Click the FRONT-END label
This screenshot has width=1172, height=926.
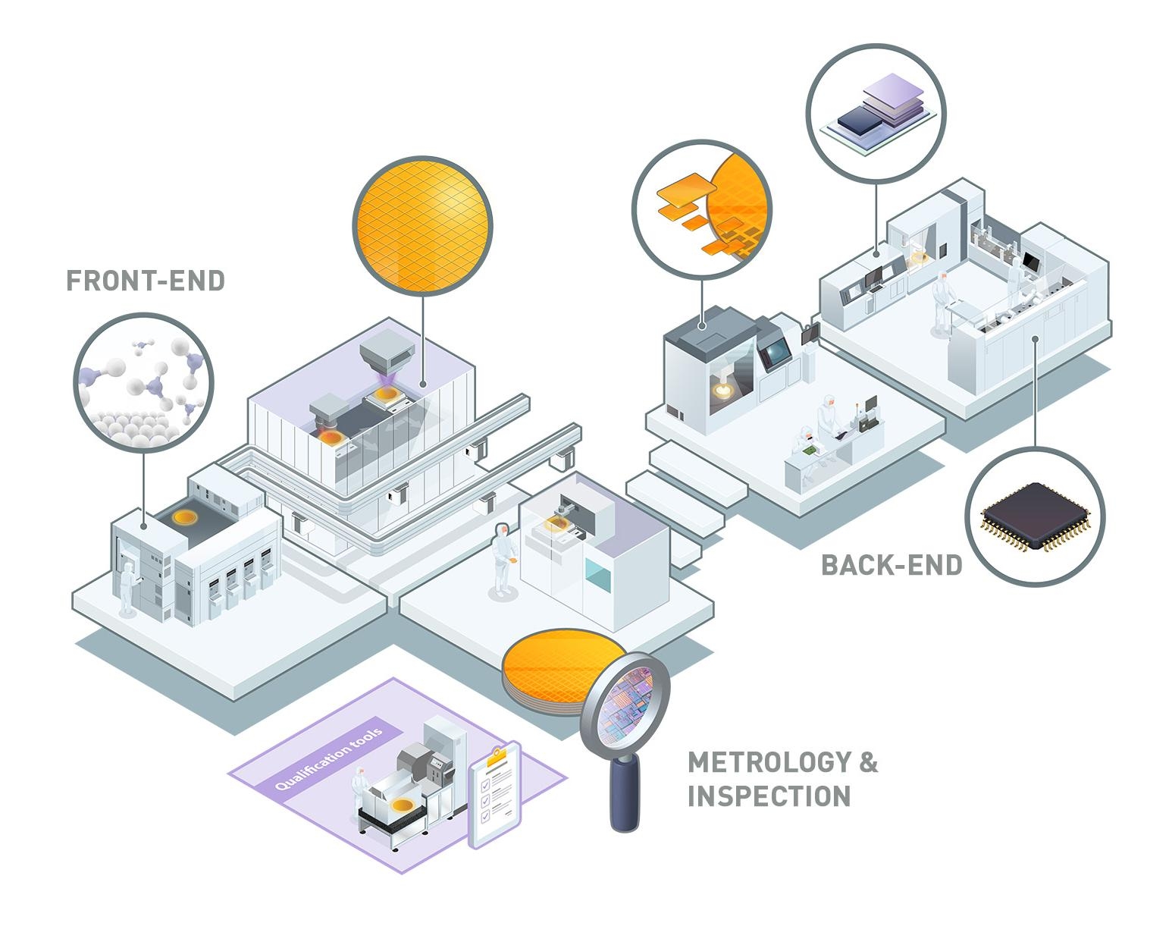click(x=146, y=281)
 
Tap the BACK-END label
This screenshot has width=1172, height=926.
click(x=892, y=565)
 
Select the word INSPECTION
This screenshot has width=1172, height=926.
click(x=769, y=796)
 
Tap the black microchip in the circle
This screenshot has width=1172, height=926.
click(x=1036, y=517)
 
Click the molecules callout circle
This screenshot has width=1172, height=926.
click(x=144, y=382)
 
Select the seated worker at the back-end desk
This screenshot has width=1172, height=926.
click(x=804, y=452)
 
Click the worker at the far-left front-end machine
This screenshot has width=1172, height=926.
click(x=127, y=588)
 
